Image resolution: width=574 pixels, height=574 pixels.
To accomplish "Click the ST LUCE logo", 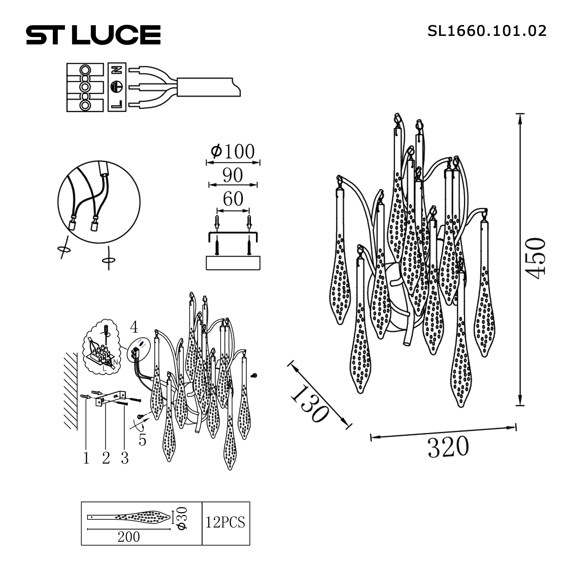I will click(93, 35).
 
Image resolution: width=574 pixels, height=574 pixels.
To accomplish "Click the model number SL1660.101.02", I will click(487, 31).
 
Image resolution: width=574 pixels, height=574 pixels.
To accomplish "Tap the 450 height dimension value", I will click(537, 258).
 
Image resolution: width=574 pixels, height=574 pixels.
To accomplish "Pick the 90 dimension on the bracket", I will click(233, 175).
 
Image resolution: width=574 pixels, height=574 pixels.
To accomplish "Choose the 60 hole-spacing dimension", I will click(233, 199).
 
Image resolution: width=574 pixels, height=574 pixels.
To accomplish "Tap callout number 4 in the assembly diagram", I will click(134, 327).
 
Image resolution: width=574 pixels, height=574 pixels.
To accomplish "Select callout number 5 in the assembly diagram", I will click(142, 440).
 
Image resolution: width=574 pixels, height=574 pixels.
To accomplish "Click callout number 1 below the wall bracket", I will click(86, 458).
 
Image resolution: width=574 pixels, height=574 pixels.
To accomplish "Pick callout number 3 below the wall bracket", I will click(125, 458).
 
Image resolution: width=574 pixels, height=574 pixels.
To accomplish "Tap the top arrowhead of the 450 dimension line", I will click(520, 118).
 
